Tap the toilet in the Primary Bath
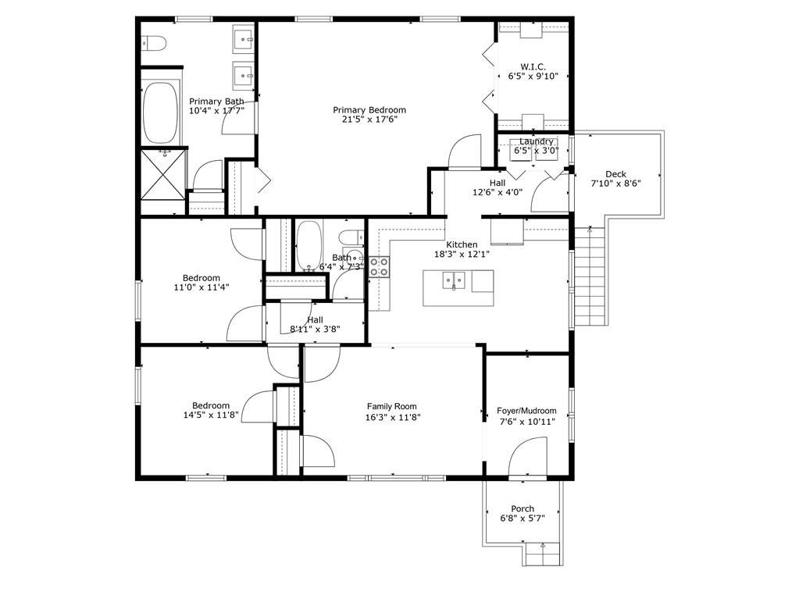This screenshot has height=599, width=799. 153,44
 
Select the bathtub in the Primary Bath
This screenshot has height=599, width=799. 161,113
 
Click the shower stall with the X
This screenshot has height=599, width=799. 163,173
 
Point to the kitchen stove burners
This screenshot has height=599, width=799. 379,267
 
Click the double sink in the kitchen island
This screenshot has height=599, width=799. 454,280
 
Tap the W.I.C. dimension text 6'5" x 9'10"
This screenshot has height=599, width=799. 533,77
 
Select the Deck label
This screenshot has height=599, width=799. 615,174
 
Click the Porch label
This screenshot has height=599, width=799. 523,509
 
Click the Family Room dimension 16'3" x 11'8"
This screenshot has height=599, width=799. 392,418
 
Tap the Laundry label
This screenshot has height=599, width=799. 536,141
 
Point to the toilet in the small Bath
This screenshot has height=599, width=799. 351,237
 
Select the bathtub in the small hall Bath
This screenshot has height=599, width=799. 309,245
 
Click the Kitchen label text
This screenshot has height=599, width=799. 462,244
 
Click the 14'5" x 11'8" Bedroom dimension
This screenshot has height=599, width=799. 211,415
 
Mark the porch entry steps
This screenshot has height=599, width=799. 543,554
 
